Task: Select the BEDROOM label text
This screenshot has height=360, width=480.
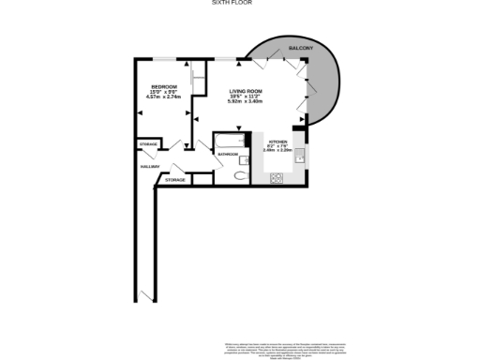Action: [164, 86]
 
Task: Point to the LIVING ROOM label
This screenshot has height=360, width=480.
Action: [246, 91]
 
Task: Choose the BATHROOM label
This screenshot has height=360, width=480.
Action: [227, 154]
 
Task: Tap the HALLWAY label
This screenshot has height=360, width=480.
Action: [149, 166]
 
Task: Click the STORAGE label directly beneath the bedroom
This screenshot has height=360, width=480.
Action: [147, 143]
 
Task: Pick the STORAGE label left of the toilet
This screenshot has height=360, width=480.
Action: [175, 179]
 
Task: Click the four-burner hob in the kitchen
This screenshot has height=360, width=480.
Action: [277, 176]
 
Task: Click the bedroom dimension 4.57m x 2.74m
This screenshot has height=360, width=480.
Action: [164, 97]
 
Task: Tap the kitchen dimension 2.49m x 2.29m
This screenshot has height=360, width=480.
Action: [278, 150]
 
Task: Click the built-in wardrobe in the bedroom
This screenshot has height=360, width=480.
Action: [198, 79]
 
